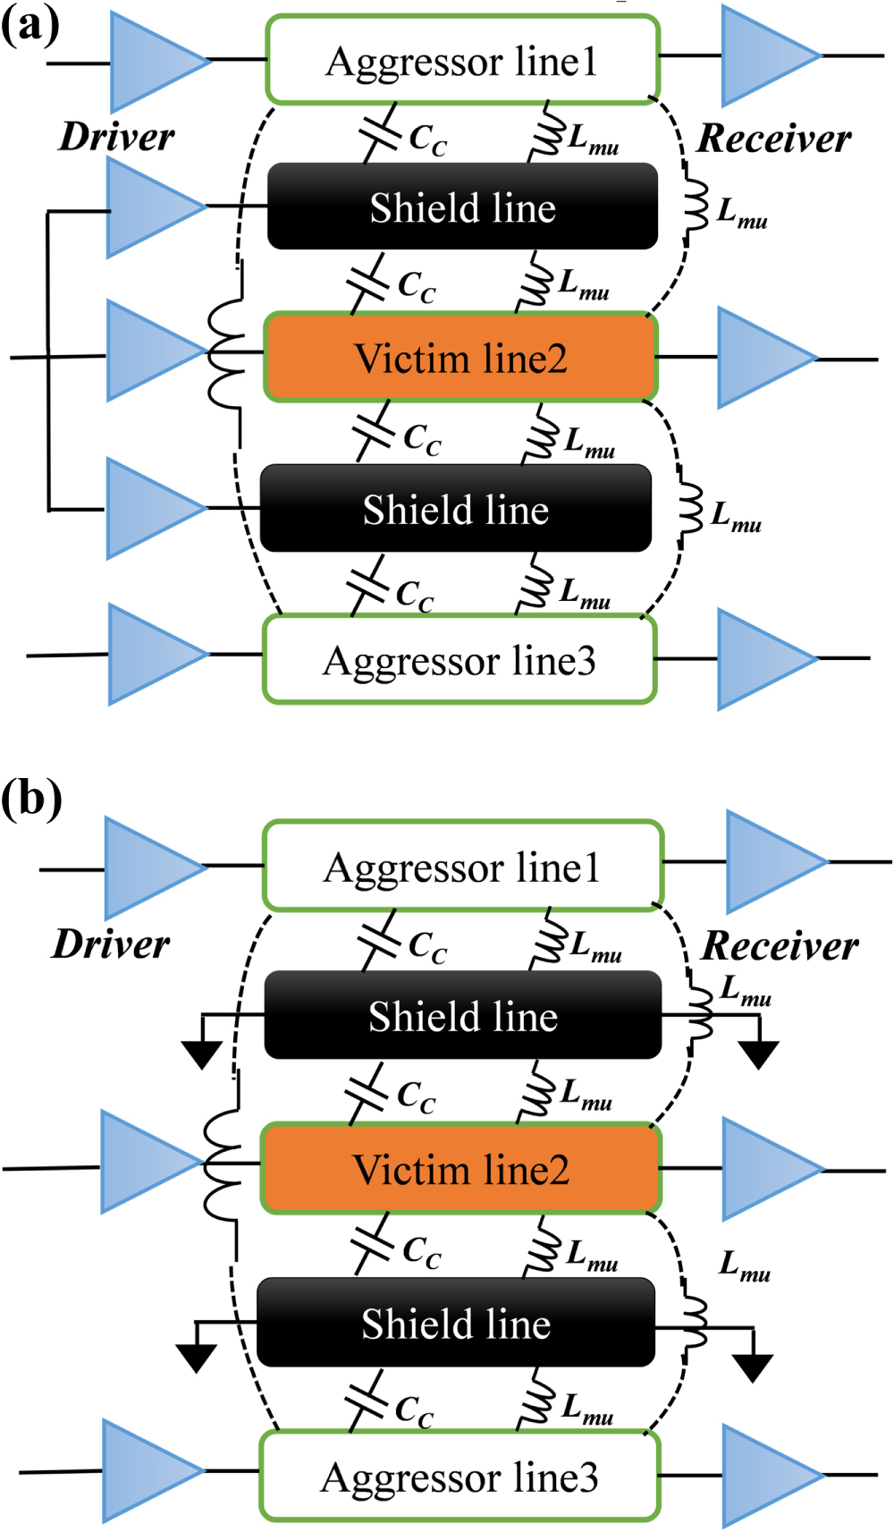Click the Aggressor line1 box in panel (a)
pos(462,60)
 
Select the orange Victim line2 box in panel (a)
pos(461,358)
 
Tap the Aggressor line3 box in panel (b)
pos(460,1477)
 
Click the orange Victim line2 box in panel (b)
pos(461,1170)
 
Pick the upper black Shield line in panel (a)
pos(462,207)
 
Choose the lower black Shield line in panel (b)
pos(456,1323)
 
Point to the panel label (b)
pos(31,797)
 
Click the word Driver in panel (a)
pos(116,137)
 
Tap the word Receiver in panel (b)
pos(780,945)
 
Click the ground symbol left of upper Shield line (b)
pos(202,1053)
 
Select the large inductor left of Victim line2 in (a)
pos(226,355)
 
